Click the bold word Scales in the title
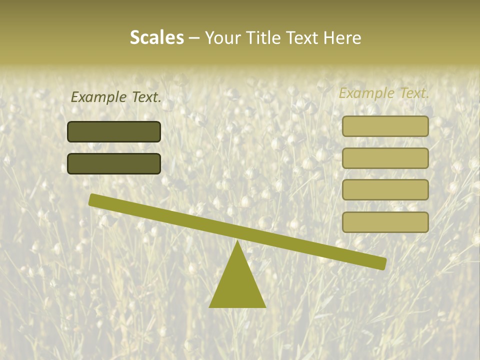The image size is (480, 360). point(156,37)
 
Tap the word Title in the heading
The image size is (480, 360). point(263,37)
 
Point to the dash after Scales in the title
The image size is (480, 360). point(194,38)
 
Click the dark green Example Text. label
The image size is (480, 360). point(116,97)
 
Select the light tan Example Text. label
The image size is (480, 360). point(384,93)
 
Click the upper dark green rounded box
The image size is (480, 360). point(114,131)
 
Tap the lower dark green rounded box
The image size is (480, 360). point(114,163)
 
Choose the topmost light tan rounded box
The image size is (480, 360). point(385,126)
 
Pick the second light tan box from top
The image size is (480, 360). point(385,158)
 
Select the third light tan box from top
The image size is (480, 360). point(385,190)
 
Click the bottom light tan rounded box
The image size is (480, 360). point(385,222)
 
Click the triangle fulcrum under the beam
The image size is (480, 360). point(237,285)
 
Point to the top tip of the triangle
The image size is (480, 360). point(237,241)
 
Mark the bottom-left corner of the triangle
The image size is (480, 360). point(210,306)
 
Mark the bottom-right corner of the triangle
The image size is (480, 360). point(265,306)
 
